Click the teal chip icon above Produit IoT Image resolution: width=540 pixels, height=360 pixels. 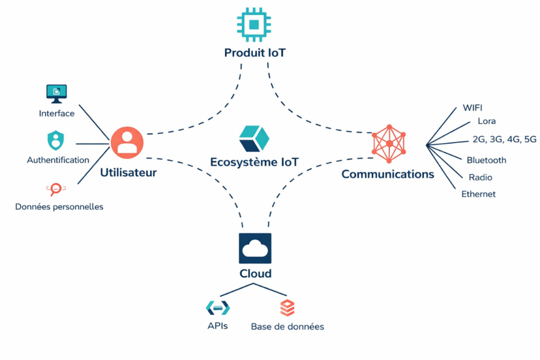[255, 24]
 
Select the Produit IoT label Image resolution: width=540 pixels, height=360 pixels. [255, 53]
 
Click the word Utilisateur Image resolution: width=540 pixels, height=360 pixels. [128, 172]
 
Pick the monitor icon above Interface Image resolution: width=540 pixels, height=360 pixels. [56, 93]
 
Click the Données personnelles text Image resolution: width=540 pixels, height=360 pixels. [59, 207]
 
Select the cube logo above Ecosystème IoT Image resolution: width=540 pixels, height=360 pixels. [254, 139]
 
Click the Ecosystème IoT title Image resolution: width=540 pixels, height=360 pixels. [254, 162]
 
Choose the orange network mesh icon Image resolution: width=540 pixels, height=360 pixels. [389, 143]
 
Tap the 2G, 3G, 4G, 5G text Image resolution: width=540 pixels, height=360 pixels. [505, 140]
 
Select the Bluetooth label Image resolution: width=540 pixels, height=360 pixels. [486, 160]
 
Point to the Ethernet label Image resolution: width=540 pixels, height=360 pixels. [478, 194]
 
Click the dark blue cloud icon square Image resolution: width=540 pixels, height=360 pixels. [255, 248]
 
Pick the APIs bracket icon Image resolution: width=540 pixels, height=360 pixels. [218, 308]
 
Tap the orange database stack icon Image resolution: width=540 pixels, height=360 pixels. [287, 308]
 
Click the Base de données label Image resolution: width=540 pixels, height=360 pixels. [287, 327]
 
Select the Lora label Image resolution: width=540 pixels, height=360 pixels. [486, 121]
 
